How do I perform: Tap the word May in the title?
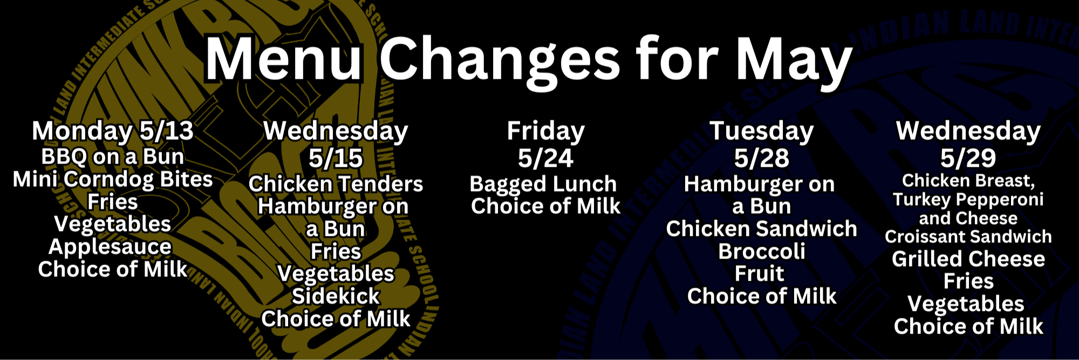point(794,60)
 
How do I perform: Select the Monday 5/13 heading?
point(112,131)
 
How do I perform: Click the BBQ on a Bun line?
point(112,157)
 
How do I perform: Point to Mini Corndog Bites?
point(112,179)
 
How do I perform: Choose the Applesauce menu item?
point(110,247)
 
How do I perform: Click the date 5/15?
point(336,158)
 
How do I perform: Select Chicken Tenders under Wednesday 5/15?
point(336,184)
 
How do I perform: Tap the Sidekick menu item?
point(336,296)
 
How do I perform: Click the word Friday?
point(545,131)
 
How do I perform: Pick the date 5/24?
point(545,158)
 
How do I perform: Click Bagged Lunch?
point(543,184)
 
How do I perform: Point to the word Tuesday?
point(761,131)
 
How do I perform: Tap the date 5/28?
point(761,158)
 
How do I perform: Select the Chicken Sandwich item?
point(761,229)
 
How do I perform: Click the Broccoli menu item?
point(761,252)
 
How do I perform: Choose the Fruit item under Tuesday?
point(759,274)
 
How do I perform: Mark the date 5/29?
point(968,158)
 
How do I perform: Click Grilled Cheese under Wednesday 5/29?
point(968,259)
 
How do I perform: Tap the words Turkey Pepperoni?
point(968,200)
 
